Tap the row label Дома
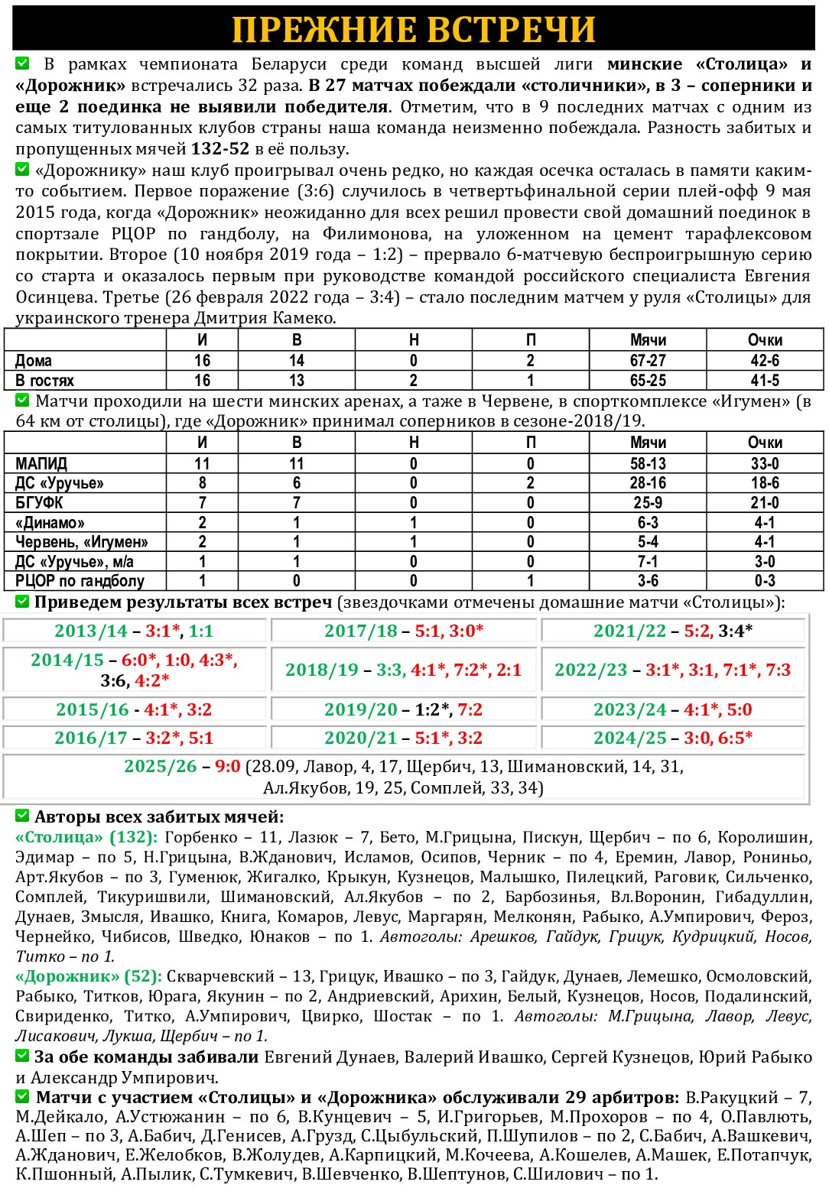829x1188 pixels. pos(34,361)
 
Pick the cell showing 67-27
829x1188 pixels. pos(648,361)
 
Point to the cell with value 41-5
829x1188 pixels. pos(765,381)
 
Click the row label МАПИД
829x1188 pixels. pos(41,464)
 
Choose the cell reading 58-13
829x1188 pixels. pos(648,464)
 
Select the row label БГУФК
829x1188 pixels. pos(39,503)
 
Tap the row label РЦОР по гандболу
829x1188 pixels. pos(80,581)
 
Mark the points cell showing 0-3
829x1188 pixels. pos(765,581)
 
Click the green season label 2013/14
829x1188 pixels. pos(91,631)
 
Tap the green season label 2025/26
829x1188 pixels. pos(161,767)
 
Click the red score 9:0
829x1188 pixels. pos(228,767)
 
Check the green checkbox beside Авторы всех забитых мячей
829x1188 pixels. pos(22,816)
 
